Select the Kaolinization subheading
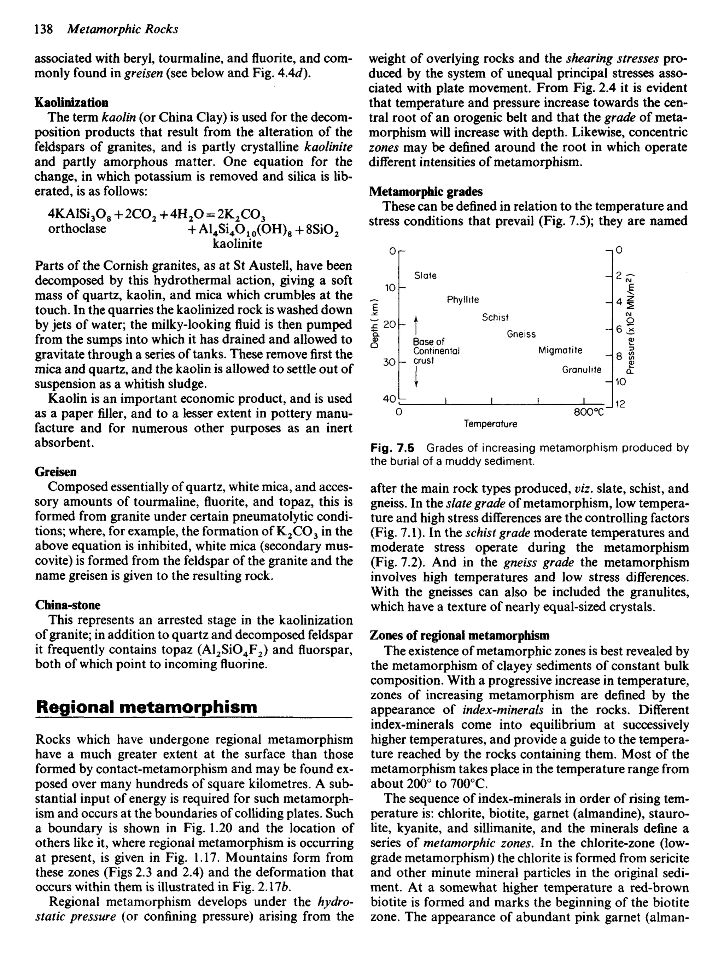pyautogui.click(x=71, y=102)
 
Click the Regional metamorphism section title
pyautogui.click(x=146, y=707)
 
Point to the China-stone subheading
pyautogui.click(x=68, y=605)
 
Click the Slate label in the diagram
pyautogui.click(x=425, y=276)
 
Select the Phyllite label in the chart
pyautogui.click(x=462, y=300)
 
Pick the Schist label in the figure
pyautogui.click(x=495, y=317)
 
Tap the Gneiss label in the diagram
pyautogui.click(x=521, y=334)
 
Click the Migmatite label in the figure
pyautogui.click(x=560, y=350)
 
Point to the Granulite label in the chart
pyautogui.click(x=582, y=370)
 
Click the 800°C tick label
pyautogui.click(x=589, y=412)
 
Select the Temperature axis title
pyautogui.click(x=490, y=424)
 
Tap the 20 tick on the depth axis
pyautogui.click(x=389, y=324)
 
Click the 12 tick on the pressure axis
pyautogui.click(x=620, y=405)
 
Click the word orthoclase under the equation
pyautogui.click(x=77, y=229)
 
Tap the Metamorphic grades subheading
pyautogui.click(x=426, y=192)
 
